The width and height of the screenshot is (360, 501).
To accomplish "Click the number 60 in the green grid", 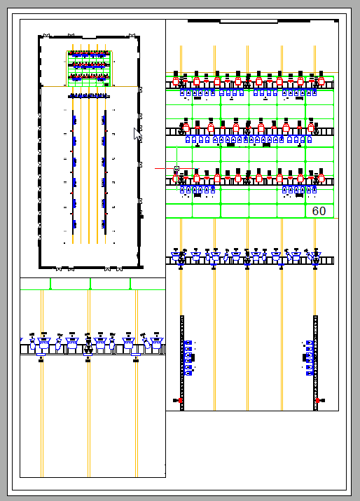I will click(x=319, y=211).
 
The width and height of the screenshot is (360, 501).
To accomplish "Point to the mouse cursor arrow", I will click(x=138, y=134).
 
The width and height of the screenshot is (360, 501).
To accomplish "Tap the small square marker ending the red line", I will click(x=176, y=169).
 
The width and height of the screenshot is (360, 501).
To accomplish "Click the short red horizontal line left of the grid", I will click(x=164, y=169).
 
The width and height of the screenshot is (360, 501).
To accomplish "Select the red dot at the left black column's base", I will click(x=180, y=400).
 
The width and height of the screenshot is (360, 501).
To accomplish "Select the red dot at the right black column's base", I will click(x=317, y=400).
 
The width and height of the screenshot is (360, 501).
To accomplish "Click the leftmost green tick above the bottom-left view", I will click(x=50, y=284).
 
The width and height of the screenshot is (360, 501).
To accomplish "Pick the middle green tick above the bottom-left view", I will click(x=90, y=284).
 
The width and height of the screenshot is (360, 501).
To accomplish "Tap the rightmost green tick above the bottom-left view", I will click(x=130, y=284).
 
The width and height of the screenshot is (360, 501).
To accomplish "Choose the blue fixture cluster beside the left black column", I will click(x=188, y=357).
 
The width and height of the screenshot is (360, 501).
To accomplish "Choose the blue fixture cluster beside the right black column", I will click(x=309, y=357).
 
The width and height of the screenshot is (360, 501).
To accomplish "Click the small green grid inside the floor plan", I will click(x=89, y=67).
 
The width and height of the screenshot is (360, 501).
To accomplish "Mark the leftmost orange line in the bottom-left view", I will click(x=42, y=406).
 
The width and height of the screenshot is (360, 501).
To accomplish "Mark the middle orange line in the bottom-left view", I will click(x=89, y=406).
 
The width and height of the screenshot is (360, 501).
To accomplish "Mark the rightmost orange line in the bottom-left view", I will click(x=137, y=406).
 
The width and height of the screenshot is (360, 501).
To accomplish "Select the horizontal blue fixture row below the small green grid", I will click(x=89, y=96).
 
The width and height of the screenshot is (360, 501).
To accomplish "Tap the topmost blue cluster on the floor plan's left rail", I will click(x=74, y=120).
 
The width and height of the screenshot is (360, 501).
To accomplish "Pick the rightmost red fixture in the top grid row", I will click(x=321, y=81).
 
